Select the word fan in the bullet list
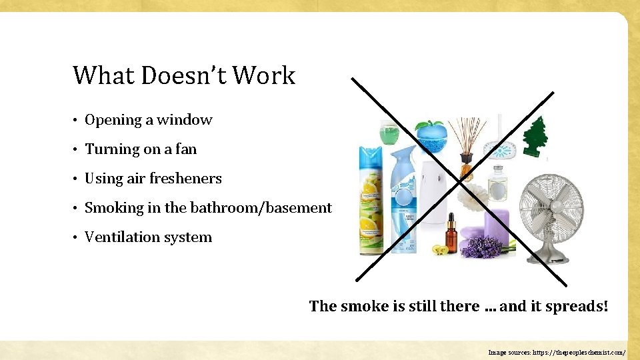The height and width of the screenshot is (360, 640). click(186, 149)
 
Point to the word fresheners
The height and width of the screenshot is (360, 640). click(185, 179)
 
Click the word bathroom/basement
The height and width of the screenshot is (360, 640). click(261, 208)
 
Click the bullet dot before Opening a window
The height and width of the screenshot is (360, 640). click(77, 121)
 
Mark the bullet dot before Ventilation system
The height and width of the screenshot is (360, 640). click(77, 238)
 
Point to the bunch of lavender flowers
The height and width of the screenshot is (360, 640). click(481, 247)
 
